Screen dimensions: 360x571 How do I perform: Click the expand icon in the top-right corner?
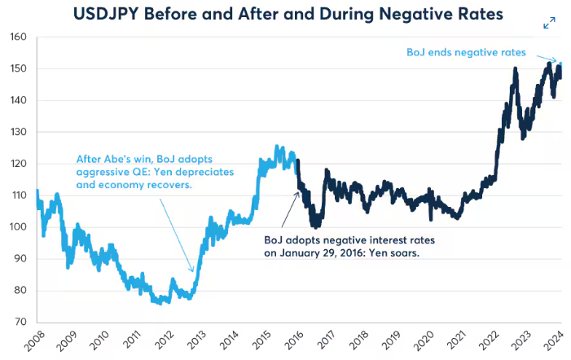550,23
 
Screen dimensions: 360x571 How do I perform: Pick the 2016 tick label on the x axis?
292,342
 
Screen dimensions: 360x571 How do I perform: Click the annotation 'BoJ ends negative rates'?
466,52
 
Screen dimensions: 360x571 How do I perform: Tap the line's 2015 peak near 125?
276,147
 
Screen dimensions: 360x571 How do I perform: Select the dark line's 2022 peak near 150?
515,70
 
